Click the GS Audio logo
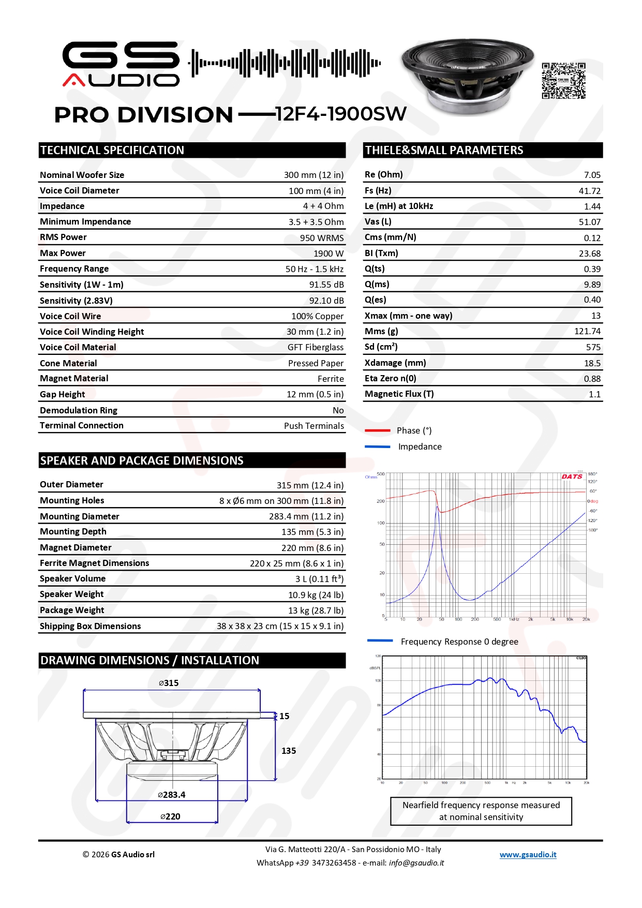tap(121, 64)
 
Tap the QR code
tap(563, 81)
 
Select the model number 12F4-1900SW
tap(341, 114)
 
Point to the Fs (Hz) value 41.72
tap(589, 191)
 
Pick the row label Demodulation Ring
tap(79, 410)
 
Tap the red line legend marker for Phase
tap(377, 430)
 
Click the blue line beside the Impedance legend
tap(377, 446)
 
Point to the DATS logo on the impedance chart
tap(572, 477)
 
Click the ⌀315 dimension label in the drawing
tap(169, 683)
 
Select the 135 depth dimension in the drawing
tap(289, 751)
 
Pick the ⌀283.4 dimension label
tap(171, 795)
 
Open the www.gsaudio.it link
tap(528, 855)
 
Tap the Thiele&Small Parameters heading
tap(444, 150)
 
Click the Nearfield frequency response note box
tap(481, 811)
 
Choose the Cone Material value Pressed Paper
tap(316, 363)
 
